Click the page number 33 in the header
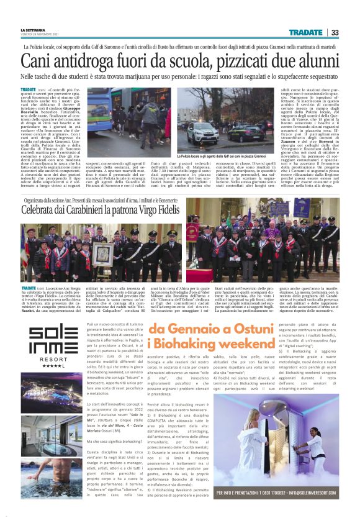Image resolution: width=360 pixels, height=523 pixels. (x=334, y=32)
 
